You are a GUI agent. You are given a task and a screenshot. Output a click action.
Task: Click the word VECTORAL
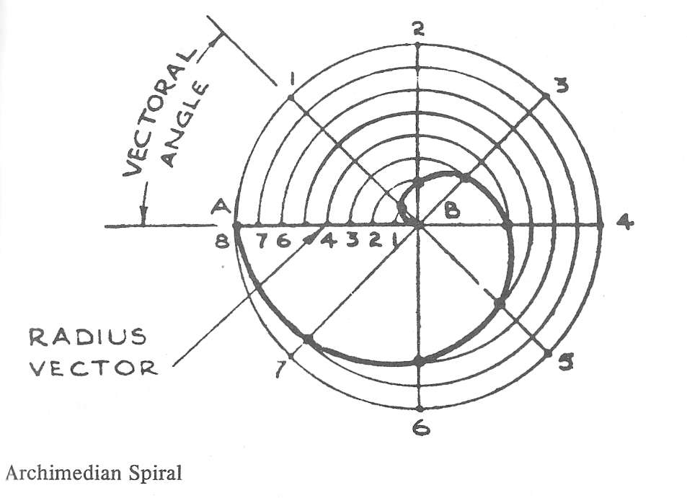point(160,112)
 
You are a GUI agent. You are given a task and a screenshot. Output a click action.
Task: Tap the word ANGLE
point(185,125)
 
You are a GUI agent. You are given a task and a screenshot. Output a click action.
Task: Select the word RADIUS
point(87,337)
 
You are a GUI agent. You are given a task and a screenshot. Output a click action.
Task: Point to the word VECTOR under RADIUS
point(93,368)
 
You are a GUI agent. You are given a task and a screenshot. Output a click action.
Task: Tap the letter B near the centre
point(452,210)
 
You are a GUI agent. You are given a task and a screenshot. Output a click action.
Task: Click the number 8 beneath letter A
point(222,241)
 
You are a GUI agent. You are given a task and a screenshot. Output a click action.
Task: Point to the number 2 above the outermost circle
point(418,29)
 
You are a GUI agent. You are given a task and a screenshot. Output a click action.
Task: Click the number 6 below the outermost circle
point(421,427)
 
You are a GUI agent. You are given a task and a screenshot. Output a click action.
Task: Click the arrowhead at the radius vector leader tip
point(310,238)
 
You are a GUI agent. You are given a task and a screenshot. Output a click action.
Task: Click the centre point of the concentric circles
point(418,225)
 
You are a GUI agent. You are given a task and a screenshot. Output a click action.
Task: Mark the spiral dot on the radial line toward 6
point(420,362)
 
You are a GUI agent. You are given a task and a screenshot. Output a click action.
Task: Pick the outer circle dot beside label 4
point(600,225)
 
